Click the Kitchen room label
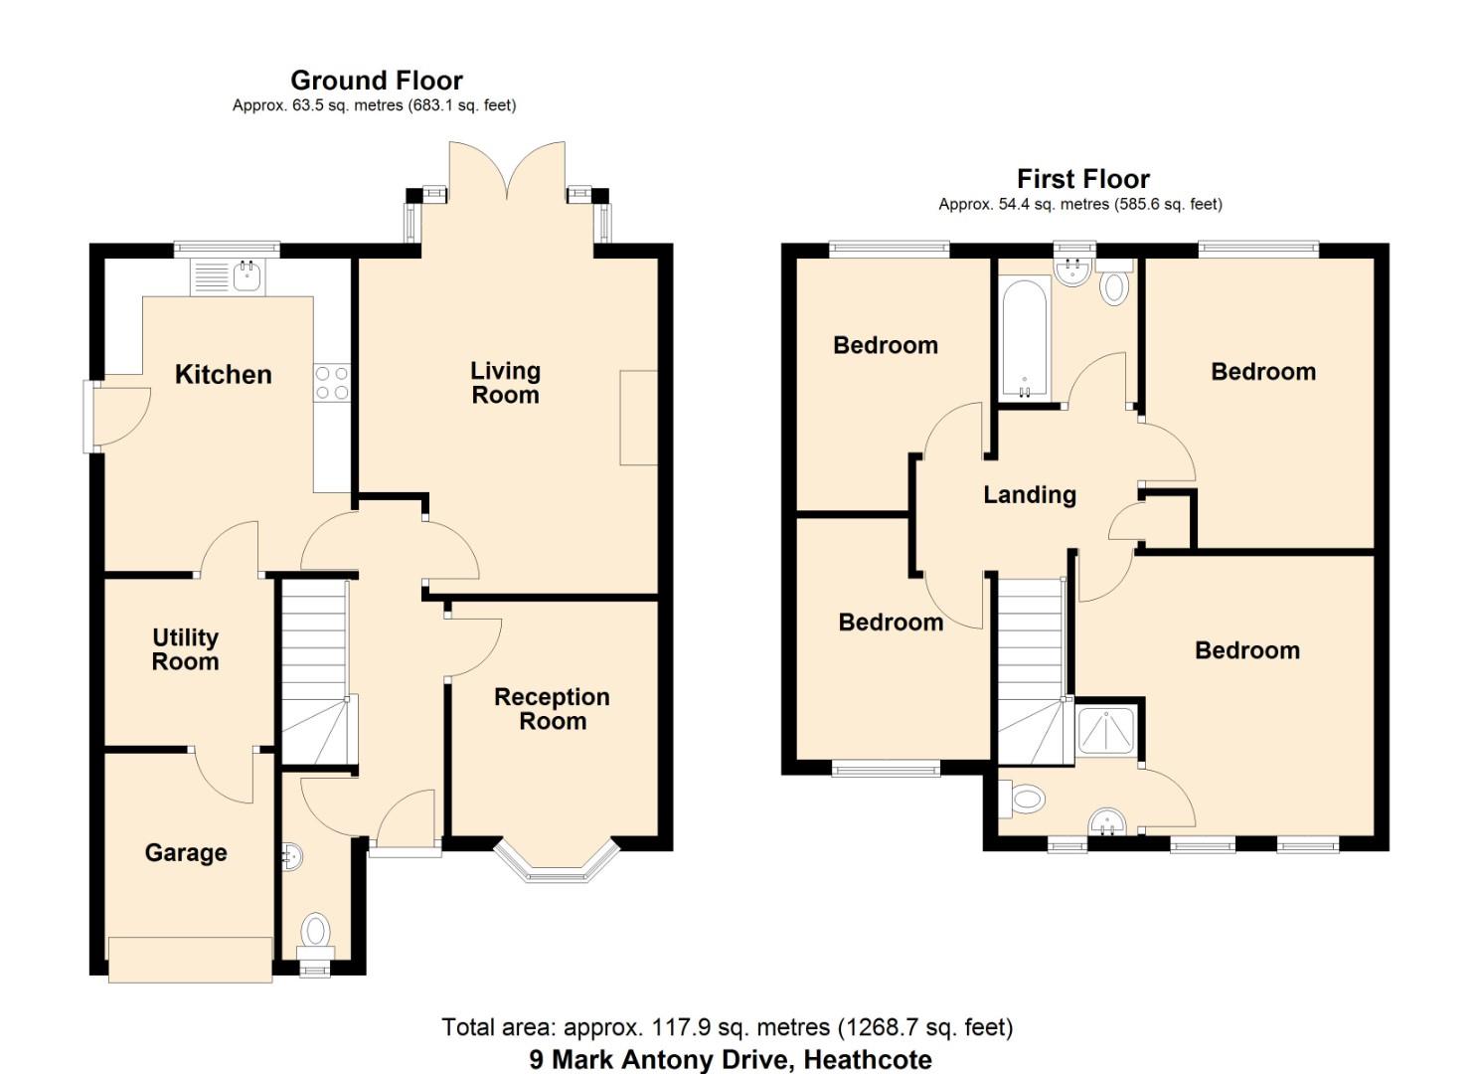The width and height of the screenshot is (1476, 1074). (x=223, y=375)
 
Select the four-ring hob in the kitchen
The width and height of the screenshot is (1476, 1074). (x=332, y=383)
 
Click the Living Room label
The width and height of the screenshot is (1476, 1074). (x=505, y=383)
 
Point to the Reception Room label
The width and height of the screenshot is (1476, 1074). (x=552, y=709)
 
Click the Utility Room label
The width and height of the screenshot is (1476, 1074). (x=185, y=649)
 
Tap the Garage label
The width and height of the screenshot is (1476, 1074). (x=186, y=852)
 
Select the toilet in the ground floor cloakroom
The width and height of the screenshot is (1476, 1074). (x=315, y=931)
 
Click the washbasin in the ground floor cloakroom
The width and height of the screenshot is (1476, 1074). (x=290, y=856)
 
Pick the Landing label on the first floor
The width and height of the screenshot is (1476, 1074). (x=1030, y=494)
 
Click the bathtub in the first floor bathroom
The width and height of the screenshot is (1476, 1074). (x=1024, y=338)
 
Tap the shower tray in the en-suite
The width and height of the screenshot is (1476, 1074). (x=1106, y=731)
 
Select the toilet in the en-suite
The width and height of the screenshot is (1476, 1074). (x=1025, y=798)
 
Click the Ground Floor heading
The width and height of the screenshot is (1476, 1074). (x=376, y=81)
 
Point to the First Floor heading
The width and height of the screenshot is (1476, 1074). (x=1082, y=179)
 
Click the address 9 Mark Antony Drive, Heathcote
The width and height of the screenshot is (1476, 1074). (x=731, y=1059)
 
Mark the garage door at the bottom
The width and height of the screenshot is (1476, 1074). (x=190, y=960)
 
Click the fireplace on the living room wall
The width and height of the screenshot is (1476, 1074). (x=638, y=418)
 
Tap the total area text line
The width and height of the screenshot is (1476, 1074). (x=727, y=1027)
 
